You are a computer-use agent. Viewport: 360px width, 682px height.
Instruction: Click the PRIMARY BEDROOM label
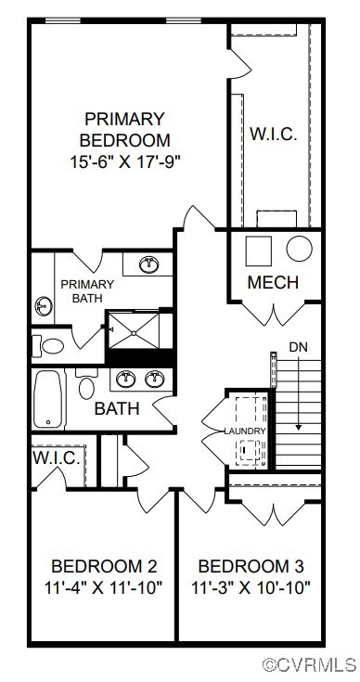(x=124, y=130)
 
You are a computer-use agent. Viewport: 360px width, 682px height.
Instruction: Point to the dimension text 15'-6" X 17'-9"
(x=124, y=161)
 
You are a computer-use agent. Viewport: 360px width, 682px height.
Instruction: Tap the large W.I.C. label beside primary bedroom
(x=273, y=134)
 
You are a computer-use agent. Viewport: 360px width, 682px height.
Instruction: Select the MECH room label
(x=273, y=282)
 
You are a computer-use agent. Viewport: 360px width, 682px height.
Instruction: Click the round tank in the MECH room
(x=299, y=249)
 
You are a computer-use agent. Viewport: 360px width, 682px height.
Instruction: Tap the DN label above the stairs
(x=298, y=346)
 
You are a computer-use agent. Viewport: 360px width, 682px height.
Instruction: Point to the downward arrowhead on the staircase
(x=298, y=427)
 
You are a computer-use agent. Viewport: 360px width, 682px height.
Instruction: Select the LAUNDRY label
(x=245, y=431)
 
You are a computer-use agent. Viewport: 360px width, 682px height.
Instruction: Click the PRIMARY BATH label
(x=86, y=290)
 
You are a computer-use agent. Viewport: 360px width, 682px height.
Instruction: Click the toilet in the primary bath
(x=52, y=346)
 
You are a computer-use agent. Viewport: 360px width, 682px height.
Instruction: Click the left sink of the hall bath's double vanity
(x=127, y=379)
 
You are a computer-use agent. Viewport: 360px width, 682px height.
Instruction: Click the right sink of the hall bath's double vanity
(x=156, y=379)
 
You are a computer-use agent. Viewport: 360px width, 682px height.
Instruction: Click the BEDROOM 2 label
(x=103, y=566)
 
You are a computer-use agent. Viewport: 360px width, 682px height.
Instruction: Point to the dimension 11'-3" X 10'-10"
(x=251, y=586)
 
